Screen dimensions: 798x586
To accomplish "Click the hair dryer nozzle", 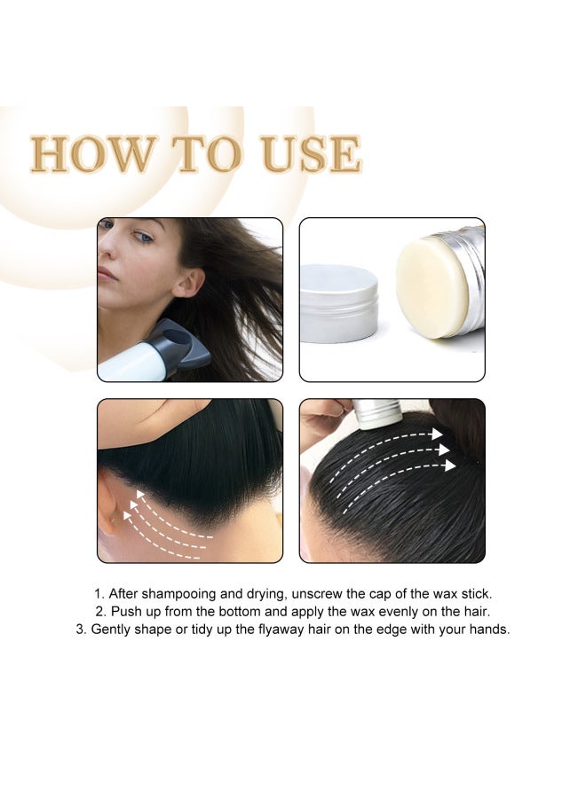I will pyautogui.click(x=181, y=346).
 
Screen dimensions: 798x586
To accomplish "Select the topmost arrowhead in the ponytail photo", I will pyautogui.click(x=436, y=434).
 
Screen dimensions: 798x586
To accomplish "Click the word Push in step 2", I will pyautogui.click(x=126, y=612).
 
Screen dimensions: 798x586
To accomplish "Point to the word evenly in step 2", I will pyautogui.click(x=381, y=612).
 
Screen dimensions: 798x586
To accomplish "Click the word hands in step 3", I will pyautogui.click(x=487, y=630).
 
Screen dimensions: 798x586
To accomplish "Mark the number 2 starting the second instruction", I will pyautogui.click(x=99, y=612).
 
